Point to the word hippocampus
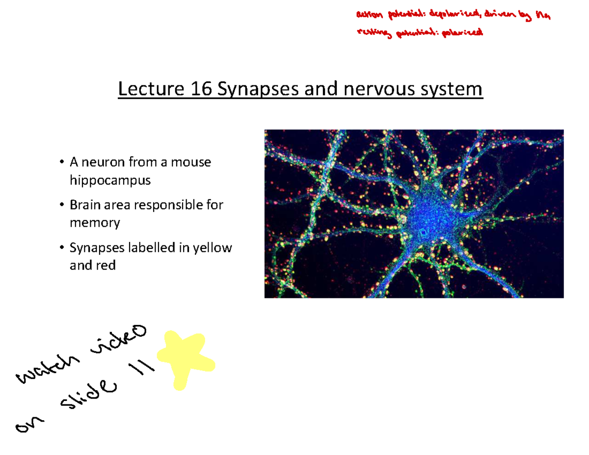pos(109,180)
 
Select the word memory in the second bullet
pos(94,223)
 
